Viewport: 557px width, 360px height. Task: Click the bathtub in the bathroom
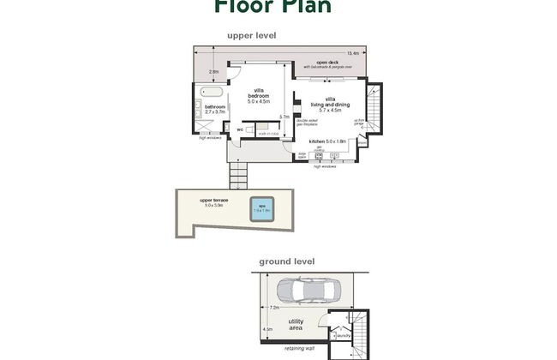coord(211,91)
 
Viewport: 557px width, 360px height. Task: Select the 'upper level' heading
coord(251,35)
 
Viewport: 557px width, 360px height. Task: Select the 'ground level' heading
coord(287,261)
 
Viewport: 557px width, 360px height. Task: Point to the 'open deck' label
coord(329,63)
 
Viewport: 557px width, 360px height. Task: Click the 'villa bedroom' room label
coord(258,96)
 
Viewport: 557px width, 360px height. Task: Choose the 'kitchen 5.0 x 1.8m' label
coord(328,141)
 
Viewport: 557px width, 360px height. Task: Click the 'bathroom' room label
coord(214,107)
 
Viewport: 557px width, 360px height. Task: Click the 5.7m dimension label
coord(284,117)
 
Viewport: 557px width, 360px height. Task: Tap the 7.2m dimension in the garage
coord(275,306)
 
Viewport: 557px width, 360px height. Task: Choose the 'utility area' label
coord(296,325)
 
